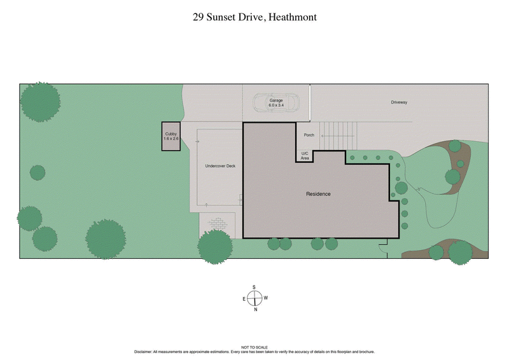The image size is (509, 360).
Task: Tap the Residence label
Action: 318,194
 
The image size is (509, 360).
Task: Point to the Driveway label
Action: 398,102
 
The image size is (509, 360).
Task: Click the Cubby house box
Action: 171,137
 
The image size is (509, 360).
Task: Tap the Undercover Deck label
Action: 220,166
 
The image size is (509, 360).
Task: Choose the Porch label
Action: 309,135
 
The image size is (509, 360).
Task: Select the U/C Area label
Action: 305,156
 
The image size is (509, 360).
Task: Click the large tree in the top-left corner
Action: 40,102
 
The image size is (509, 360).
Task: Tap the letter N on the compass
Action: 255,310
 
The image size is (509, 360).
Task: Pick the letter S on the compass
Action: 254,287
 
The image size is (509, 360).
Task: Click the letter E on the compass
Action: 243,298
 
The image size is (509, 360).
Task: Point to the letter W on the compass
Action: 266,298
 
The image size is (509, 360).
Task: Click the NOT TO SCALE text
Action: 254,347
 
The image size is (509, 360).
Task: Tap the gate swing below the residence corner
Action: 384,247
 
